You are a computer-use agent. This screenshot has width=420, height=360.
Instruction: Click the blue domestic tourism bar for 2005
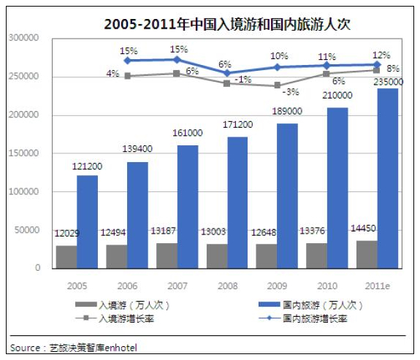(88, 222)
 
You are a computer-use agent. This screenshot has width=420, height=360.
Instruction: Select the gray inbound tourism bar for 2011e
(367, 254)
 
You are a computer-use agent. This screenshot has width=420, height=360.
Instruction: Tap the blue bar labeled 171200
(237, 202)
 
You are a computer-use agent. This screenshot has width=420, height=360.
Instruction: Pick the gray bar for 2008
(217, 256)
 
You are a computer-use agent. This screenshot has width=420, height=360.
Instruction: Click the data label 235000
(389, 82)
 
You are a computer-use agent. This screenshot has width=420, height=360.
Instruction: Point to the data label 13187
(163, 231)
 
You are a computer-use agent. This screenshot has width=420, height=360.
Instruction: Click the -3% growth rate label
(291, 92)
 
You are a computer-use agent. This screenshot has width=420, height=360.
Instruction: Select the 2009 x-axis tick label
(278, 286)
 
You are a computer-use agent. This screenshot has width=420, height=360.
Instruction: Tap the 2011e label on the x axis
(378, 286)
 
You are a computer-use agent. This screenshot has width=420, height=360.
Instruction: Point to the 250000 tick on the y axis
(23, 77)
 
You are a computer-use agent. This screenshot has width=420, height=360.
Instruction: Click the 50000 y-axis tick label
(27, 230)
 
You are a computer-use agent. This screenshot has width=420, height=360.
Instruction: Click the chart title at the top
(227, 24)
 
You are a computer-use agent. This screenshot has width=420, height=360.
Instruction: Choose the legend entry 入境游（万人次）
(123, 305)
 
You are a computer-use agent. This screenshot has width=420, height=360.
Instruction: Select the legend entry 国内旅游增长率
(302, 318)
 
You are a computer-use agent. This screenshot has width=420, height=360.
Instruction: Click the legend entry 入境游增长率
(115, 318)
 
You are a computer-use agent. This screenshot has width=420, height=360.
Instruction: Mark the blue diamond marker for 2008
(227, 73)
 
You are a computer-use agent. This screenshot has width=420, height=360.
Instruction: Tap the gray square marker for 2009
(278, 85)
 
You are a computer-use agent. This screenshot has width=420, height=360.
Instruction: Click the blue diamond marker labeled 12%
(377, 64)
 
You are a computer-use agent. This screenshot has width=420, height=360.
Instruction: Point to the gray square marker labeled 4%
(128, 76)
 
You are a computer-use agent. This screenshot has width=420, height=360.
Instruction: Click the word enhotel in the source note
(121, 348)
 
